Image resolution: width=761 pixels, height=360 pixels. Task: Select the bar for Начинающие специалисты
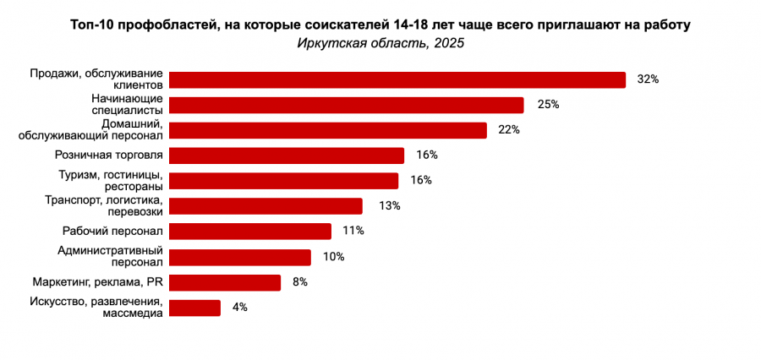pyautogui.click(x=347, y=105)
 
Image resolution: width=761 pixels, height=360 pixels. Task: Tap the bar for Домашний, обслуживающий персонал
pyautogui.click(x=328, y=130)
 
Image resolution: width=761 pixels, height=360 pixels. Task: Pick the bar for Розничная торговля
pyautogui.click(x=287, y=155)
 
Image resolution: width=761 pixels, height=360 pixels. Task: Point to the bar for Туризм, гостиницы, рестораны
pyautogui.click(x=283, y=181)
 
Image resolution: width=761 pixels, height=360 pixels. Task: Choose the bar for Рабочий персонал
pyautogui.click(x=250, y=232)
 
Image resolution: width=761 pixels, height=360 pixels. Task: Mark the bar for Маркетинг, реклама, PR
pyautogui.click(x=225, y=282)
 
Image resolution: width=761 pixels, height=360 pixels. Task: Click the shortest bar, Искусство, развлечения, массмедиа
pyautogui.click(x=195, y=308)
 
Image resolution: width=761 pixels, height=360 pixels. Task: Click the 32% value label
pyautogui.click(x=648, y=79)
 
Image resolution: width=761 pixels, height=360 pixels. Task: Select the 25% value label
pyautogui.click(x=549, y=105)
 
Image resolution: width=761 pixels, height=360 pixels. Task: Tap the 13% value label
pyautogui.click(x=390, y=206)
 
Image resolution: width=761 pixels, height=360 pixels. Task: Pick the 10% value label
pyautogui.click(x=334, y=257)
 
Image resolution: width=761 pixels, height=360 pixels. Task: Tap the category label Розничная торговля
pyautogui.click(x=108, y=155)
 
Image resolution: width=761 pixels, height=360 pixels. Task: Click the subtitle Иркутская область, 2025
pyautogui.click(x=380, y=44)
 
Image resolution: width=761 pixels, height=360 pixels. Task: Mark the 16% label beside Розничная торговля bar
pyautogui.click(x=427, y=155)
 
